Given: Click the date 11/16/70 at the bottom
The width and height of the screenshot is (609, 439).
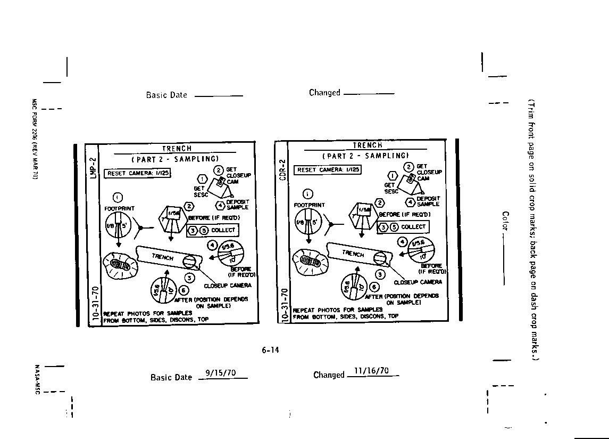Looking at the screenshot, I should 371,371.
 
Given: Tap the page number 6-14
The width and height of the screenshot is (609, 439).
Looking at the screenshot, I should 270,350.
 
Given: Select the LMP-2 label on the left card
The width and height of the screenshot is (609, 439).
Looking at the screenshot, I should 93,167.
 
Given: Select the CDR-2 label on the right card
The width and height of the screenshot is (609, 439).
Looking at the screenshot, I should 282,169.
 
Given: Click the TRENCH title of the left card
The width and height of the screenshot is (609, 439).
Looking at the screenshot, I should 177,149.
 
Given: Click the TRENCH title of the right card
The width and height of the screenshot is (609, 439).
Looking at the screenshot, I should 368,145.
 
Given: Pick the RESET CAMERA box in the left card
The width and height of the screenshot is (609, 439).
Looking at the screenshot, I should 138,173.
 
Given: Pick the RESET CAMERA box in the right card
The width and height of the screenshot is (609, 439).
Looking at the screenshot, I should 328,170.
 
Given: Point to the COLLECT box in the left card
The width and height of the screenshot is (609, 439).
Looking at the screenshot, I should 213,230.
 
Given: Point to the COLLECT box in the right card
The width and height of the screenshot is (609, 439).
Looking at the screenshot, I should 403,226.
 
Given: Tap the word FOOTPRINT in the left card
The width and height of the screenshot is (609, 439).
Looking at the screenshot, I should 120,209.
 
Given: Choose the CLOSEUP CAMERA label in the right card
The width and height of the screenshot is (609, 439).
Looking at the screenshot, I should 418,282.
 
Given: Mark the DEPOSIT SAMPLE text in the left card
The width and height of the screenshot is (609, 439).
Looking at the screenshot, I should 237,205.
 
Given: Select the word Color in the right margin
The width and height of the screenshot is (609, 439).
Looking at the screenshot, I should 505,221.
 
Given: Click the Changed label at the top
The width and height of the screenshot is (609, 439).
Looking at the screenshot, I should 324,93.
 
